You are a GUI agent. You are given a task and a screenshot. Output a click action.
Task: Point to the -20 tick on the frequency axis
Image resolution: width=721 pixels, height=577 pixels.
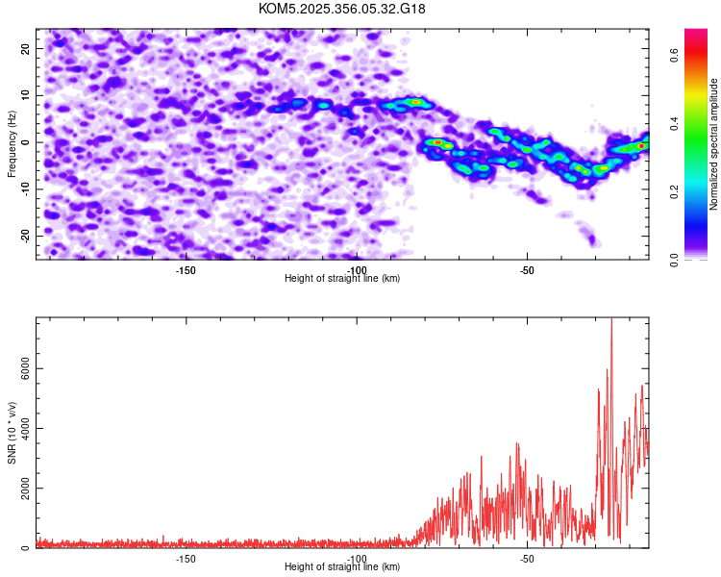(25, 235)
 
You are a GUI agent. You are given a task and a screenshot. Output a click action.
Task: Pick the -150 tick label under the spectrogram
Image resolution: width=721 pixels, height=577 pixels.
(186, 270)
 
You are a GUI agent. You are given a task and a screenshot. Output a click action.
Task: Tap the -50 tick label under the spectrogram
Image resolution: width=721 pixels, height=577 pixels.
(526, 270)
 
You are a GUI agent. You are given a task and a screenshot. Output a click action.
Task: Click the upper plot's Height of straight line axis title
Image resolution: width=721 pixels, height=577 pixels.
(342, 279)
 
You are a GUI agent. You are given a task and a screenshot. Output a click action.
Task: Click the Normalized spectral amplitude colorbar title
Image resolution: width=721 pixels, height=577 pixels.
(714, 144)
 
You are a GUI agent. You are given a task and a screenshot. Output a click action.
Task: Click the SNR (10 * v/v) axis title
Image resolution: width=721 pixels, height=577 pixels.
(12, 433)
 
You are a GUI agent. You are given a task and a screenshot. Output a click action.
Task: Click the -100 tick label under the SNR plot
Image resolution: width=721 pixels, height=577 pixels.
(357, 559)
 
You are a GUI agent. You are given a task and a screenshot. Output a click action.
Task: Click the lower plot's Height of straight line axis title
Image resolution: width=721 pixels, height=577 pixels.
(342, 567)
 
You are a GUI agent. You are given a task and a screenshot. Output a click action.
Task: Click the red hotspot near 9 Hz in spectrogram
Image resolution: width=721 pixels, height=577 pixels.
(415, 101)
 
